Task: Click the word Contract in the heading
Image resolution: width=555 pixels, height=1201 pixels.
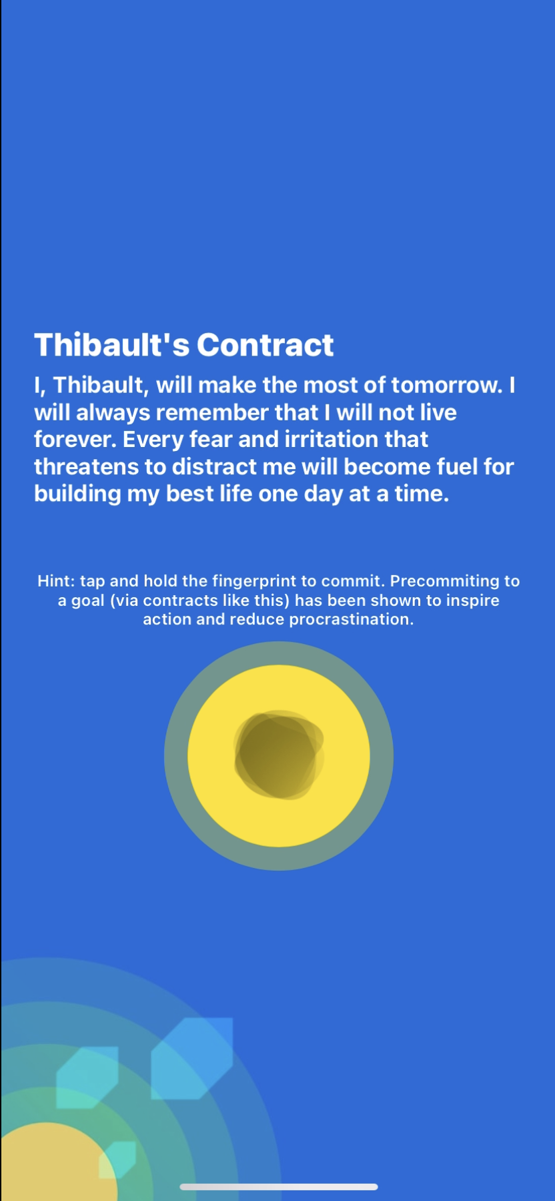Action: click(x=265, y=345)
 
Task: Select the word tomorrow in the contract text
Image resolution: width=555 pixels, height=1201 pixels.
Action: click(x=446, y=385)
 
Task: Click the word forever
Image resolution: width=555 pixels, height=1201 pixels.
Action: click(x=75, y=440)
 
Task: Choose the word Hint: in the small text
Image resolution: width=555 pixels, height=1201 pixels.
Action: click(x=56, y=581)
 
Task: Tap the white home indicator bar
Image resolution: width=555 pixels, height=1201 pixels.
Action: click(x=279, y=1187)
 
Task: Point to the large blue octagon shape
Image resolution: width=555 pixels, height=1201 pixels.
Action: click(x=192, y=1058)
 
